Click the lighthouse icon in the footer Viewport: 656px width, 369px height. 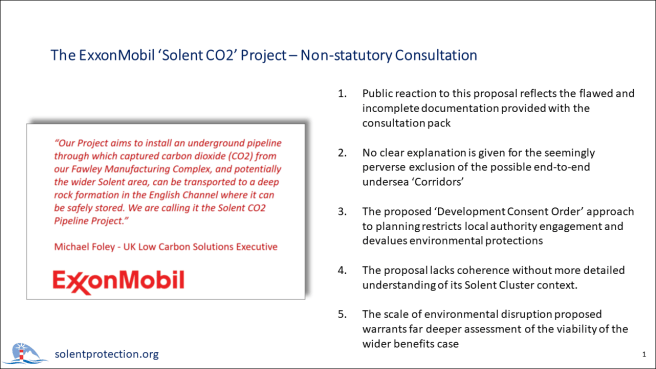[24, 352]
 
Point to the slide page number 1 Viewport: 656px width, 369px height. [640, 355]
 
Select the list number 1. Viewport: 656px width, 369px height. [342, 93]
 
